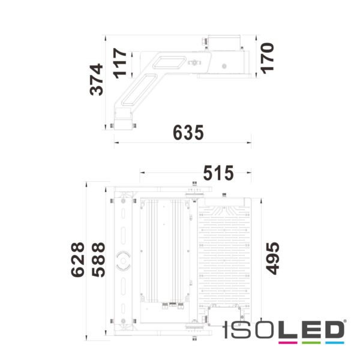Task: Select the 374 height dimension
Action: click(x=97, y=80)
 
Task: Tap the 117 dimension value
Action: click(x=121, y=62)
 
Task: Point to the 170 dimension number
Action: click(x=268, y=57)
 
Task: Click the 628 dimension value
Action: click(x=77, y=259)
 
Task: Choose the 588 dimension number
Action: click(x=98, y=259)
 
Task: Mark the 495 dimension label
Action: click(x=272, y=258)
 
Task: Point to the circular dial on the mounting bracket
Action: click(x=124, y=260)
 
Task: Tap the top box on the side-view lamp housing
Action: click(x=223, y=43)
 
